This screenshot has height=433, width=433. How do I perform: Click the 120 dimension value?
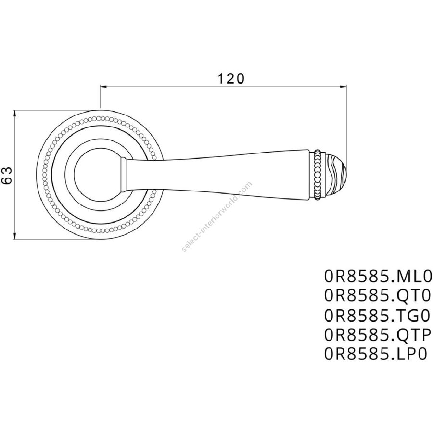coord(231,79)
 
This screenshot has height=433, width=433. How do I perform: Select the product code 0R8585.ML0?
coord(378,277)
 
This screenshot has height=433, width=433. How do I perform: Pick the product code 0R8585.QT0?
coord(378,296)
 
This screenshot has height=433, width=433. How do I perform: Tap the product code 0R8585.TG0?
coord(378,316)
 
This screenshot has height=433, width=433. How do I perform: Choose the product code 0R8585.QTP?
coord(378,335)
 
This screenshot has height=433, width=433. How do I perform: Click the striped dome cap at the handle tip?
coord(335,175)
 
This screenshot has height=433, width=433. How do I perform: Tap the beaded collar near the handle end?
coord(318,175)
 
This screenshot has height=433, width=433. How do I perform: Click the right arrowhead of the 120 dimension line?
coord(343,87)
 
